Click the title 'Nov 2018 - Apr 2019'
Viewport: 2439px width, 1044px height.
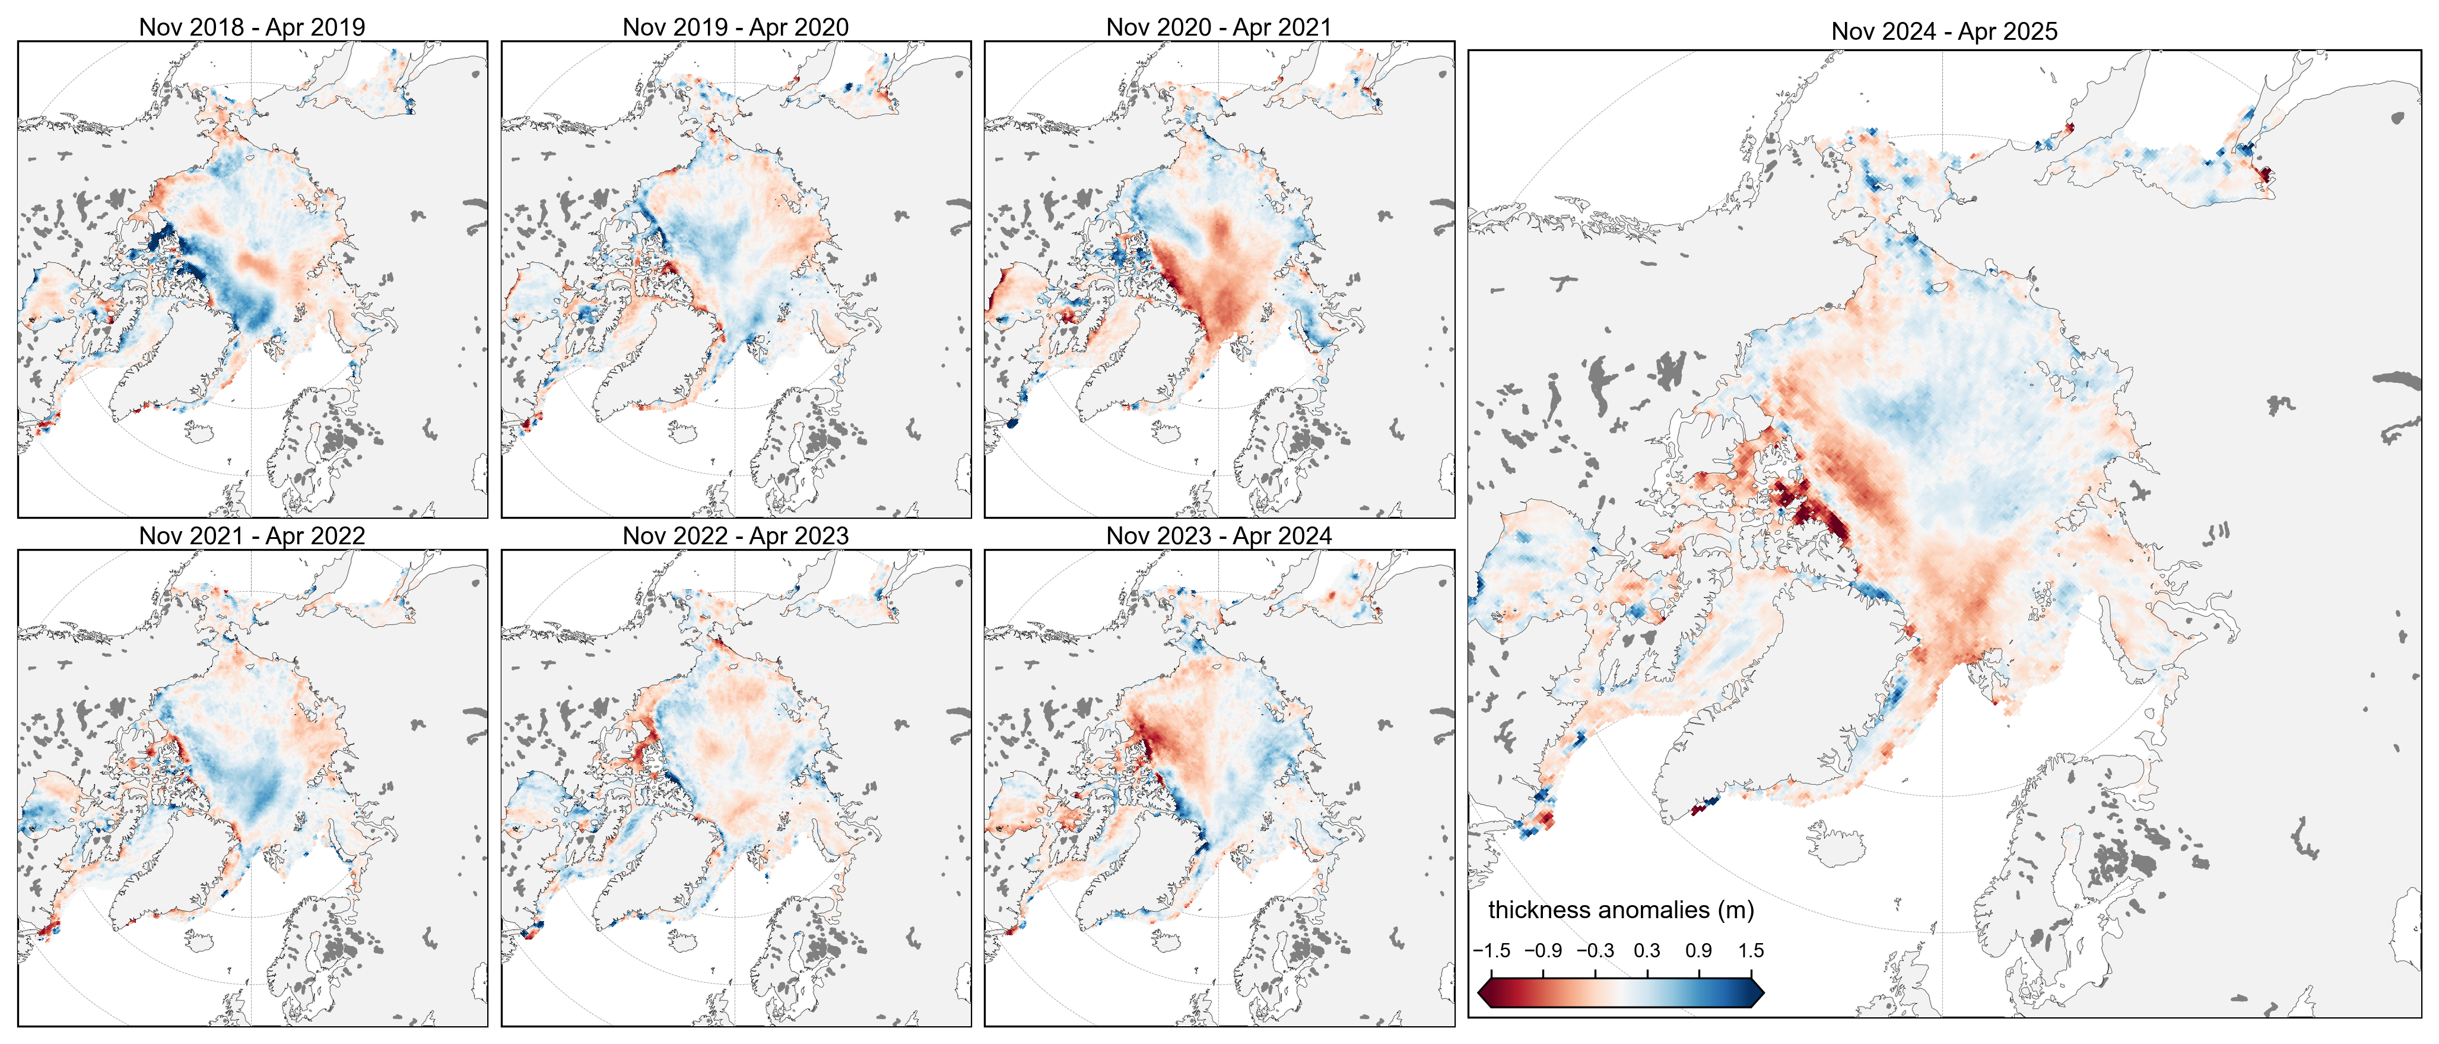(252, 27)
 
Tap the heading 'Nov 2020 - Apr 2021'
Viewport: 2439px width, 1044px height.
(1218, 27)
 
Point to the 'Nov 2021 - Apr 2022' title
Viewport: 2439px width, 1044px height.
(252, 535)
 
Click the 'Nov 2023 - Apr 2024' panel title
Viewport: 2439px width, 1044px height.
(1218, 535)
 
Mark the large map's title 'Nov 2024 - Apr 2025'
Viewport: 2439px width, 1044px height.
(1944, 31)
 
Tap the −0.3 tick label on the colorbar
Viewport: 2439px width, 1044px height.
(1595, 950)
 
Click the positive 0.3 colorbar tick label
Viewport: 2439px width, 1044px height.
(1647, 950)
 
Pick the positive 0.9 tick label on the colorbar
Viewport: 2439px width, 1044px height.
(1698, 950)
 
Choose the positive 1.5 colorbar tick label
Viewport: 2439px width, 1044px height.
(1751, 950)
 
